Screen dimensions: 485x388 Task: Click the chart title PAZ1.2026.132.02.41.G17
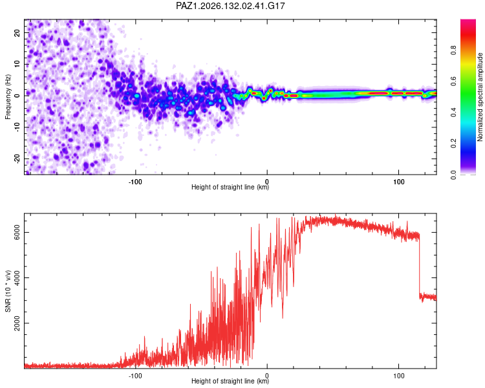tap(230, 6)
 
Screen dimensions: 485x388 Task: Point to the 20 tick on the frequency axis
tap(17, 32)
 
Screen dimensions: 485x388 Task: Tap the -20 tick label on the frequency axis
tap(17, 158)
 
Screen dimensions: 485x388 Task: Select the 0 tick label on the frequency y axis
tap(17, 96)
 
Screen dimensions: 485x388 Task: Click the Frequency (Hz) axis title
tap(8, 96)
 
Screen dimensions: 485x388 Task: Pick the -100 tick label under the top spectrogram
tap(135, 182)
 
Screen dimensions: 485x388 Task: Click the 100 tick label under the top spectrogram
tap(399, 182)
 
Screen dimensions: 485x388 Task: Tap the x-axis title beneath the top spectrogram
tap(230, 187)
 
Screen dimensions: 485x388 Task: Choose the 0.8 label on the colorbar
tap(453, 50)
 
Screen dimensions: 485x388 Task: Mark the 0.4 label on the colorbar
tap(453, 113)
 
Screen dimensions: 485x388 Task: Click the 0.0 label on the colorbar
tap(453, 175)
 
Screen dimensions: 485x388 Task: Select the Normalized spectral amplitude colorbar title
tap(480, 97)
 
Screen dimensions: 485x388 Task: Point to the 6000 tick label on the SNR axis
tap(17, 232)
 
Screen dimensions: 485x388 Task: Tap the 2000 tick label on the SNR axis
tap(17, 323)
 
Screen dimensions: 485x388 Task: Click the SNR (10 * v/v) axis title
tap(8, 291)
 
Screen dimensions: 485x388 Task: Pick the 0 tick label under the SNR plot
tap(267, 376)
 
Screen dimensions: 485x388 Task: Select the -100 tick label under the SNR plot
tap(135, 376)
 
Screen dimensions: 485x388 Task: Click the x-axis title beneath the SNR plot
tap(230, 381)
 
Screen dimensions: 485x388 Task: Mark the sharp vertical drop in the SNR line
tap(420, 266)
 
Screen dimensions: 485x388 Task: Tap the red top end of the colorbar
tap(468, 21)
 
